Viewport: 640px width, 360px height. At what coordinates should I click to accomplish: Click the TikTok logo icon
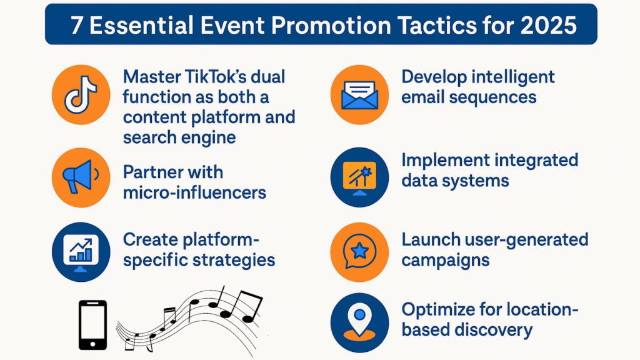[81, 94]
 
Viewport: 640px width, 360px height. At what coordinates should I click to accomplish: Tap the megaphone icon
[81, 177]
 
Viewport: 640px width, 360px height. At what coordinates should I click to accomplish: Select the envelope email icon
[359, 94]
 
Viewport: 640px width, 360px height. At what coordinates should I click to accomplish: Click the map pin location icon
[359, 322]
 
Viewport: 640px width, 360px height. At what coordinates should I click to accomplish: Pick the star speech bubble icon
[359, 252]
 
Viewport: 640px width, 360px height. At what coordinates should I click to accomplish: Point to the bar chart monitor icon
[81, 252]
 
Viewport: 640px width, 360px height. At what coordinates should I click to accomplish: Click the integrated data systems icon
[359, 177]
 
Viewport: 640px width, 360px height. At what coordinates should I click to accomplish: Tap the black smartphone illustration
[92, 325]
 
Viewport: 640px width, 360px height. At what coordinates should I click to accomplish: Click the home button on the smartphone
[92, 344]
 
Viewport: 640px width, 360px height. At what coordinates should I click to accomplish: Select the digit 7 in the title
[76, 26]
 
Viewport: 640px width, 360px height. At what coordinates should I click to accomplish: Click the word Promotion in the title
[331, 25]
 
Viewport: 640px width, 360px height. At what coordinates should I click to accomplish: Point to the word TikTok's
[207, 77]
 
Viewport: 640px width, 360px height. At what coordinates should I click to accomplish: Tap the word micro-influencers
[195, 192]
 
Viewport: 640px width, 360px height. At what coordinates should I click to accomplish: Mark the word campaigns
[445, 261]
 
